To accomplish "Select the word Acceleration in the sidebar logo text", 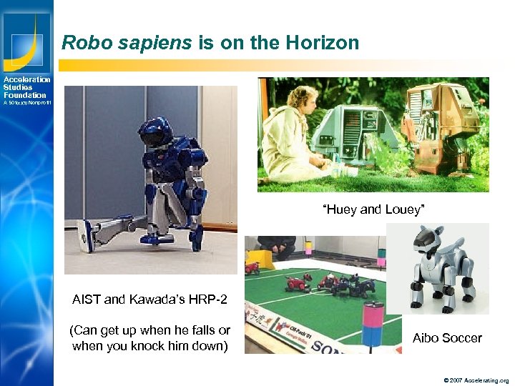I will pyautogui.click(x=26, y=79).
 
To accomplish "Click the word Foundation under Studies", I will pyautogui.click(x=24, y=95).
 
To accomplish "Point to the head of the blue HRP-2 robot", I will pyautogui.click(x=159, y=132).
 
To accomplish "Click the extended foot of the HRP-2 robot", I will pyautogui.click(x=87, y=235).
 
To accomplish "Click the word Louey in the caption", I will pyautogui.click(x=405, y=209).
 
